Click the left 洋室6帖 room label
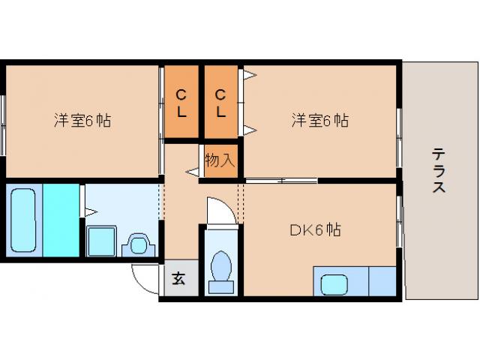coord(82,120)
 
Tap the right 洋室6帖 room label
coord(319,120)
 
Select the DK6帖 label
coord(315,230)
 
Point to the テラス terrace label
coord(439,171)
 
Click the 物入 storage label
coord(220,160)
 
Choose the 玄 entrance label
coord(179,279)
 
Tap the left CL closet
coord(181,103)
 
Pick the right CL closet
coord(221,103)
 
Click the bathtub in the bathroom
coord(25,220)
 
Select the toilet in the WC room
coord(221,268)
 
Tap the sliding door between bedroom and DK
coord(281,180)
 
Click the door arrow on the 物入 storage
coord(193,173)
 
